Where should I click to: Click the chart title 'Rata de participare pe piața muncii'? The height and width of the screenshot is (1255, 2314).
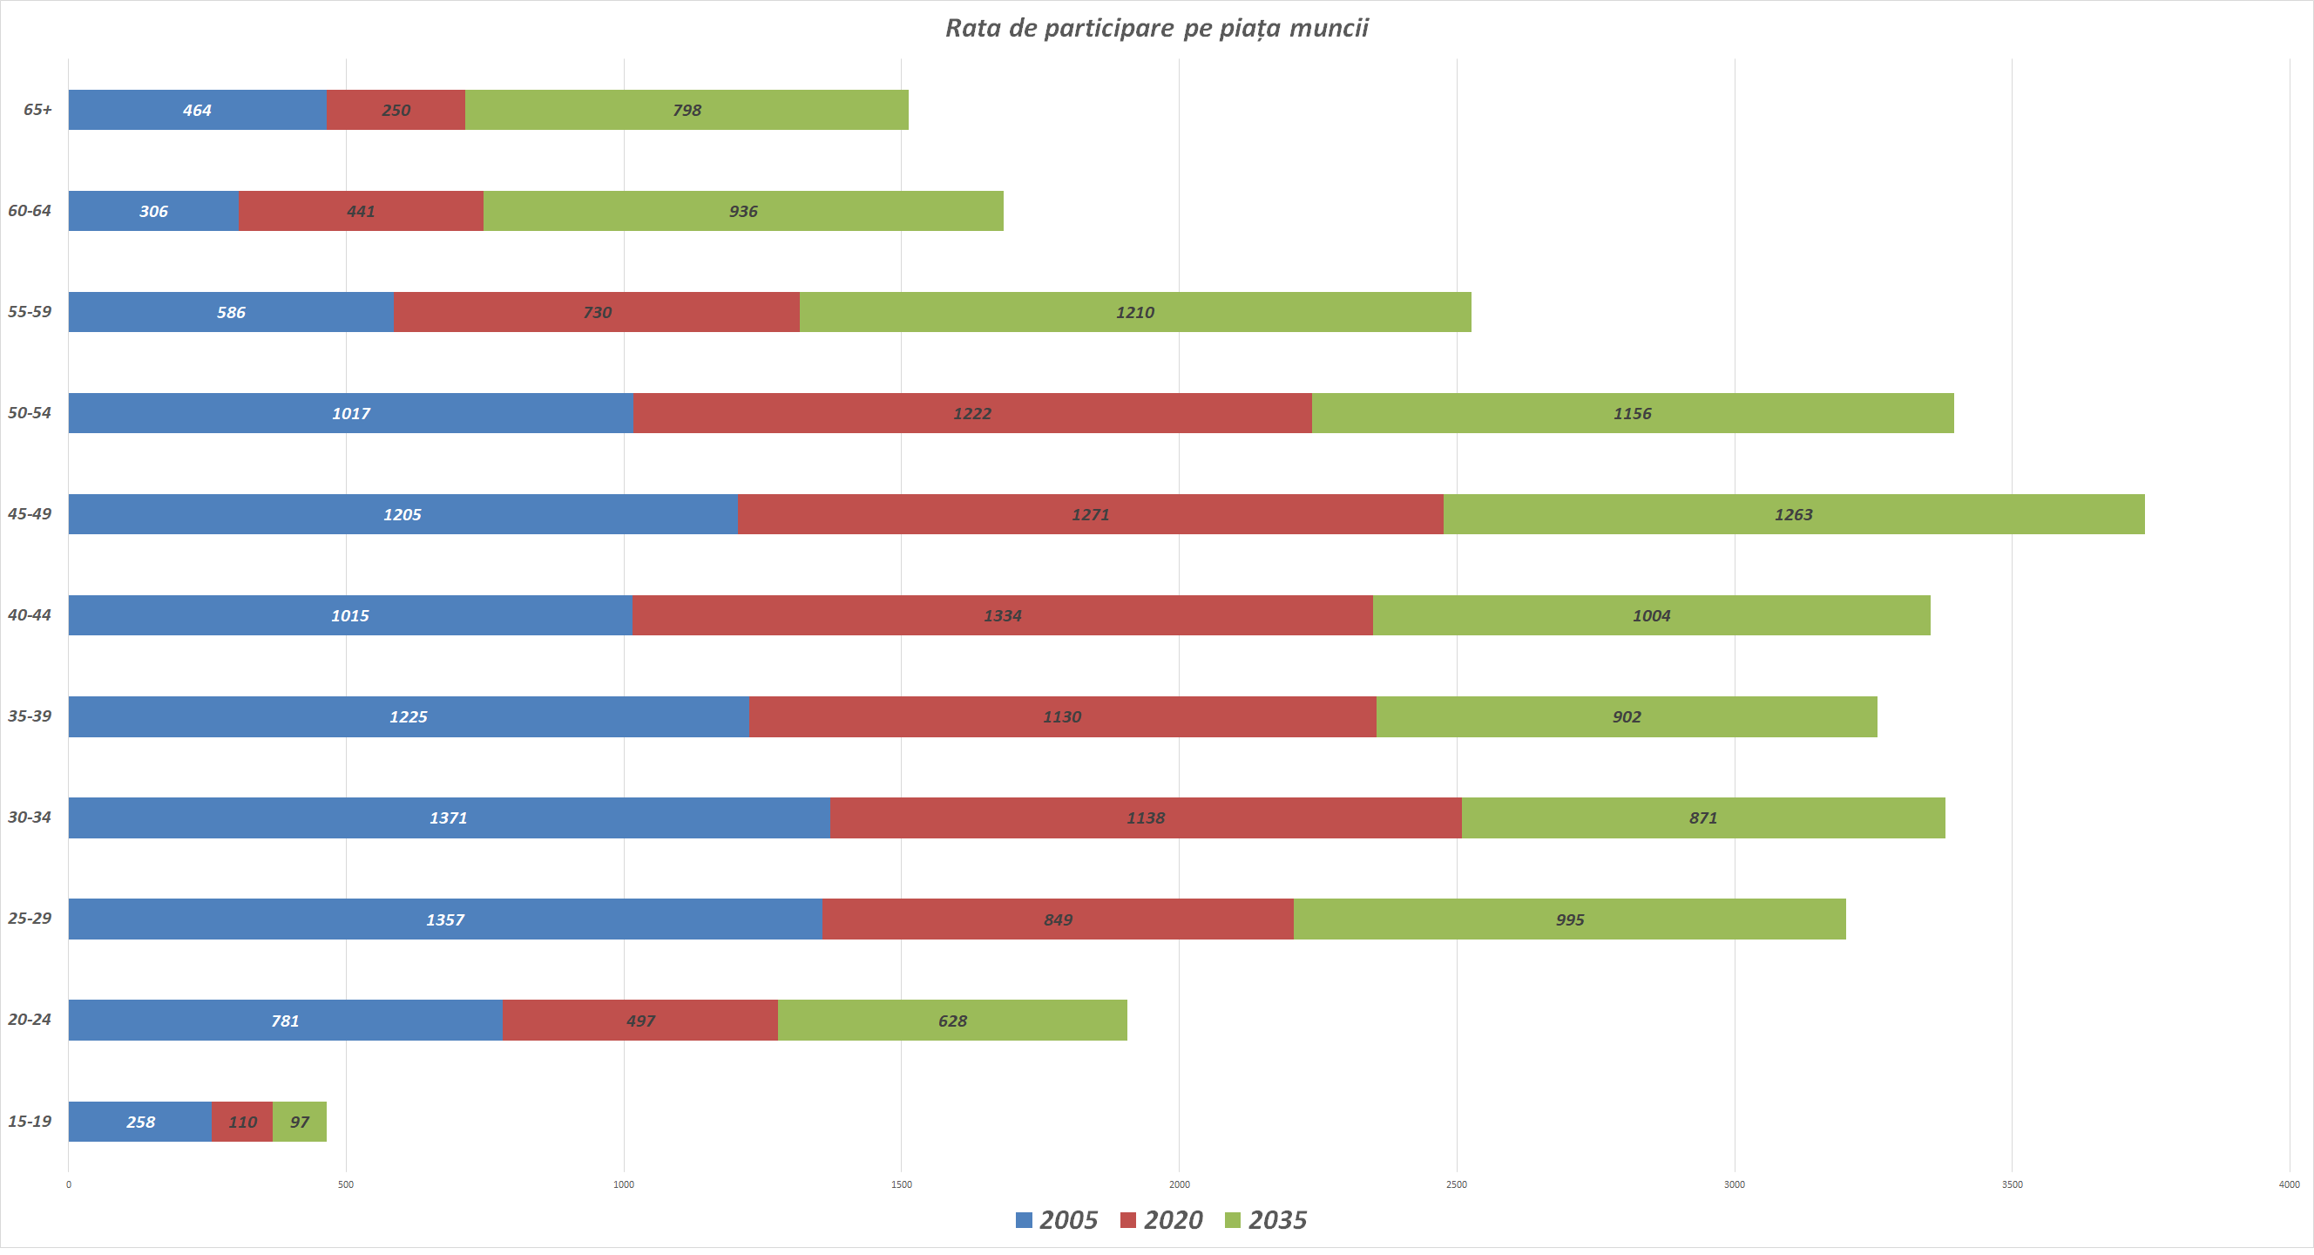click(1156, 29)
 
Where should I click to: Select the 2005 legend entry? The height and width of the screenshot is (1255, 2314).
click(1058, 1220)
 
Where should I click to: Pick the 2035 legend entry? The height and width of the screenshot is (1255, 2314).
click(1267, 1220)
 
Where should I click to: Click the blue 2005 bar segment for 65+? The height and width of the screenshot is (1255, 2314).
click(198, 110)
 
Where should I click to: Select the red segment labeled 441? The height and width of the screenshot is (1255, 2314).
click(361, 211)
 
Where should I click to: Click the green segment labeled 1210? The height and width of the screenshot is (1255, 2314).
click(1135, 312)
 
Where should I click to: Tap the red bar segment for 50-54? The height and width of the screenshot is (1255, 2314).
click(972, 413)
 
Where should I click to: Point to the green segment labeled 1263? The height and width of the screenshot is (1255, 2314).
click(1794, 514)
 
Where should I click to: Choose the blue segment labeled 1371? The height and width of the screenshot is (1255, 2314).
click(448, 817)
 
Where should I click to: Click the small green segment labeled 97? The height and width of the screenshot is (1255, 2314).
click(300, 1122)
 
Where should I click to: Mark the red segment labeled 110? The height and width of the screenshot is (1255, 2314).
click(242, 1122)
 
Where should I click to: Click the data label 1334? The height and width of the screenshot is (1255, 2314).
click(1003, 615)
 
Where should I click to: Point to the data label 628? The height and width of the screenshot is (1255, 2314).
click(952, 1021)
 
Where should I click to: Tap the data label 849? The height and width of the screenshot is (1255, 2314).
click(1059, 919)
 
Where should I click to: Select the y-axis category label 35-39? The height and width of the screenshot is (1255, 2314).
click(30, 716)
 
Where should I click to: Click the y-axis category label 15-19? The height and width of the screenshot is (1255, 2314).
click(30, 1121)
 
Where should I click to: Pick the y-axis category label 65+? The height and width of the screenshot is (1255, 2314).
click(37, 110)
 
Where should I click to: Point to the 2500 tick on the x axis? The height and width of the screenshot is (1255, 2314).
click(1456, 1185)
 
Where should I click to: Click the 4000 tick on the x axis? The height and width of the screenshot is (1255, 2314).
click(2289, 1185)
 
